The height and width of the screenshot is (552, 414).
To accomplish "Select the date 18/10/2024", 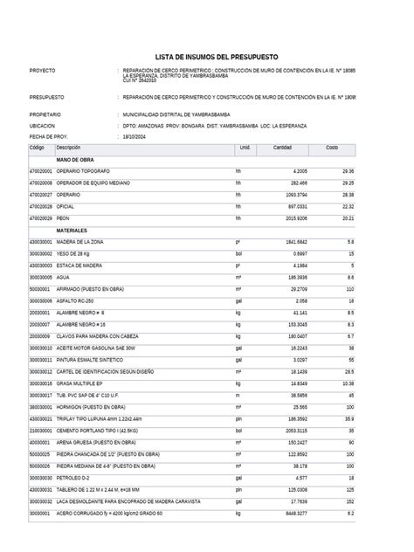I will coord(136,137).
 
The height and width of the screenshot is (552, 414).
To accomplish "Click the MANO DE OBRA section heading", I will coord(75,160).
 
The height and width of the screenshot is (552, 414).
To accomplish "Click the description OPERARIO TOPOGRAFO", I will coord(83,171).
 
